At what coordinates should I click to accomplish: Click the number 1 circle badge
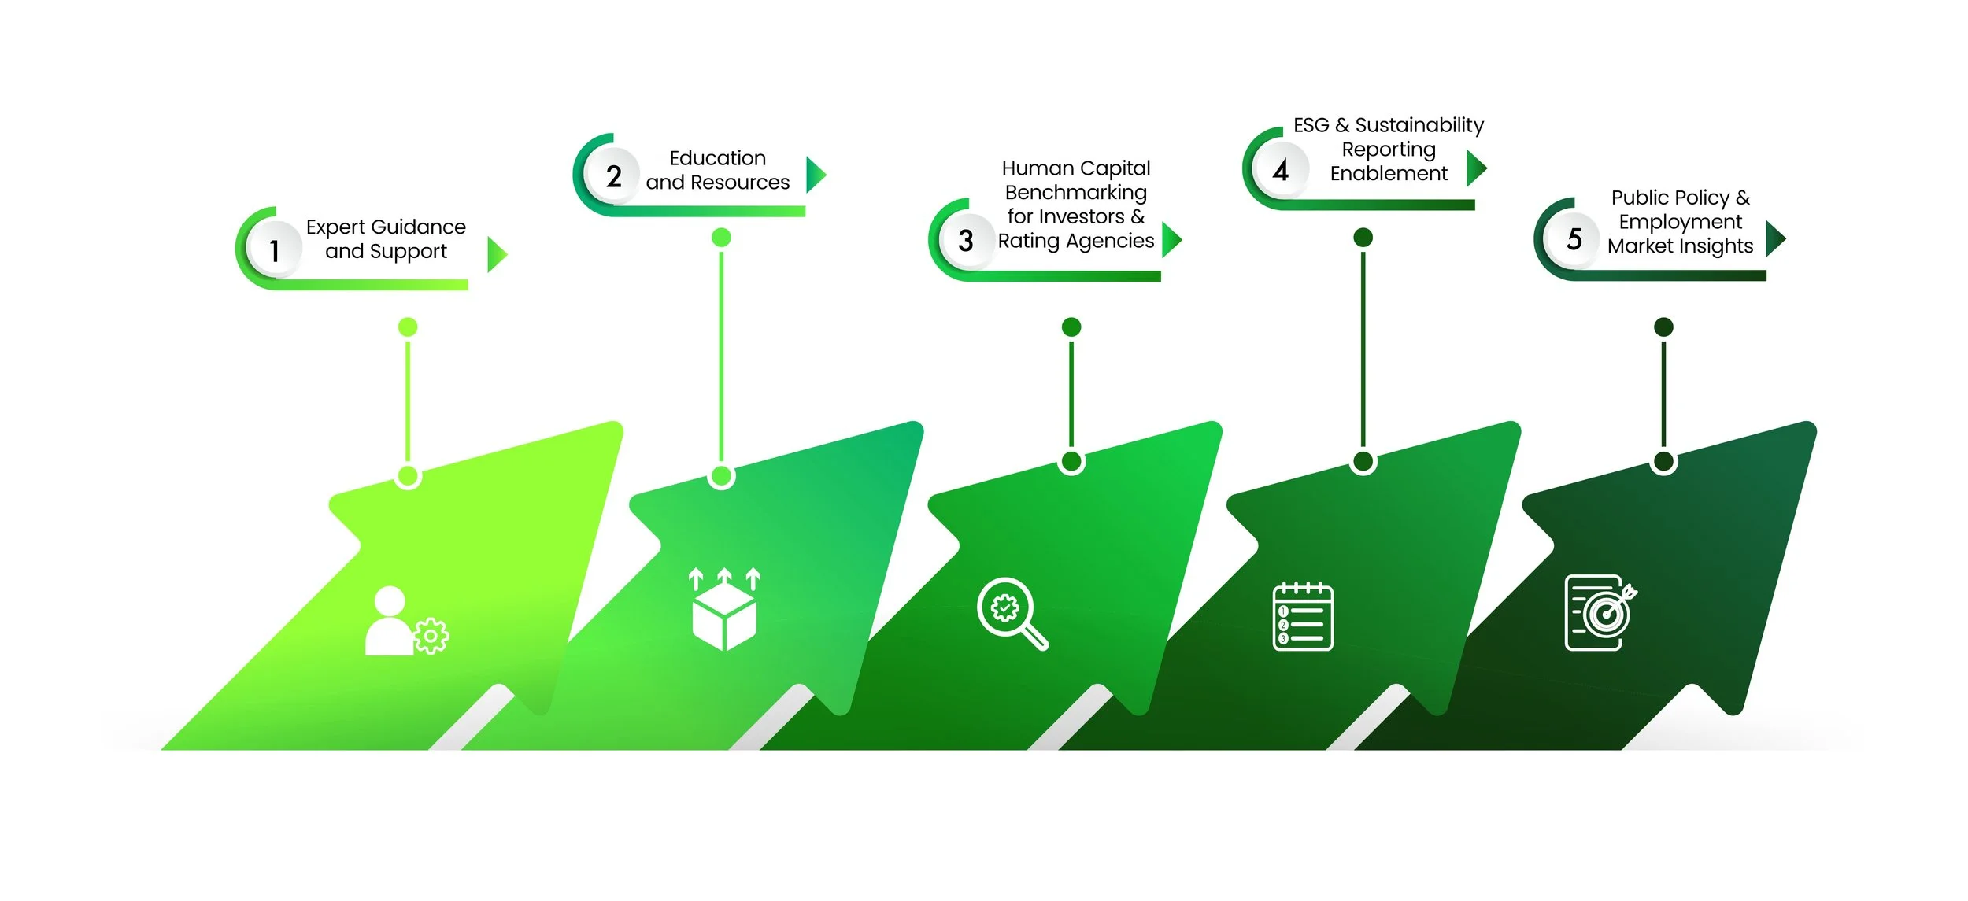(x=274, y=250)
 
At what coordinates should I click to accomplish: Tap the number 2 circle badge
(x=613, y=176)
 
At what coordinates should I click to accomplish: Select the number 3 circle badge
(x=966, y=240)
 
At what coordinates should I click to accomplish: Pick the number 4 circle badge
(x=1281, y=170)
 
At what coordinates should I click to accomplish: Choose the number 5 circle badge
(x=1574, y=238)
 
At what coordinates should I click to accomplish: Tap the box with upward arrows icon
(x=724, y=609)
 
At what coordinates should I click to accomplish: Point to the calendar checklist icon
(x=1303, y=616)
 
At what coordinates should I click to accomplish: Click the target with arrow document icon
(x=1600, y=613)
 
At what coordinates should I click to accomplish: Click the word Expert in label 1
(x=335, y=227)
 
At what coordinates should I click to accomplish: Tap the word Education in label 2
(x=717, y=158)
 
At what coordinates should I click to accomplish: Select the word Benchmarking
(x=1075, y=193)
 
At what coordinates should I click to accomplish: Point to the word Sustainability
(x=1419, y=126)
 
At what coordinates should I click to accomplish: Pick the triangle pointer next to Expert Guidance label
(x=495, y=254)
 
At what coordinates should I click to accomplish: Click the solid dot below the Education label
(x=721, y=238)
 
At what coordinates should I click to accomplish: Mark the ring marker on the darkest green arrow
(x=1663, y=462)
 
